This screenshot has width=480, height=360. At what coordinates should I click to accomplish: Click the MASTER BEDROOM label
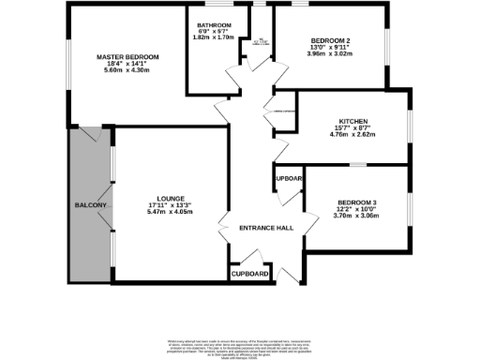click(127, 57)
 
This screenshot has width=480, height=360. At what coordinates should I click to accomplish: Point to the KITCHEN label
click(352, 121)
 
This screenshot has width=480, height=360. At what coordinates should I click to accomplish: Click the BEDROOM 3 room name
click(357, 202)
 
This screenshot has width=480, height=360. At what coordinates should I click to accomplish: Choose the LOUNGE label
click(170, 198)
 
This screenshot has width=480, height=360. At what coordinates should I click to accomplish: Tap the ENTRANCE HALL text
click(266, 228)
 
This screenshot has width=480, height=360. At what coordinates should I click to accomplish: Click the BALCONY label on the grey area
click(94, 205)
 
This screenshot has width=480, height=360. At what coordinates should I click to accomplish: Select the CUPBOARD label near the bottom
click(250, 275)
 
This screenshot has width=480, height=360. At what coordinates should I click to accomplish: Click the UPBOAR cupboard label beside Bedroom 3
click(288, 178)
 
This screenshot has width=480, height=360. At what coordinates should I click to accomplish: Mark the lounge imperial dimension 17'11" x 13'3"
click(170, 205)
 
